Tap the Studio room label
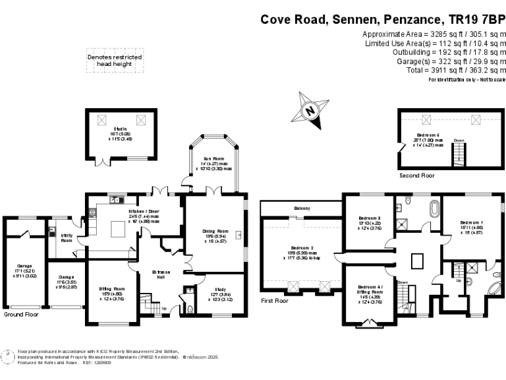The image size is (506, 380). click(120, 129)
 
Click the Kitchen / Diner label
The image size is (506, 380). click(144, 211)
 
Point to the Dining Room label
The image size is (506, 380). click(215, 232)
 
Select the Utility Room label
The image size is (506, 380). click(66, 237)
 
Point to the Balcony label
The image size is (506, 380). click(302, 208)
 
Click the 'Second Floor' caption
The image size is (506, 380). click(416, 176)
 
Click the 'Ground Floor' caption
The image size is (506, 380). click(21, 315)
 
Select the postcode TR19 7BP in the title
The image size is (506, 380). click(480, 20)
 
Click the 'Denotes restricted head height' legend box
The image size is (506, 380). click(115, 61)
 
